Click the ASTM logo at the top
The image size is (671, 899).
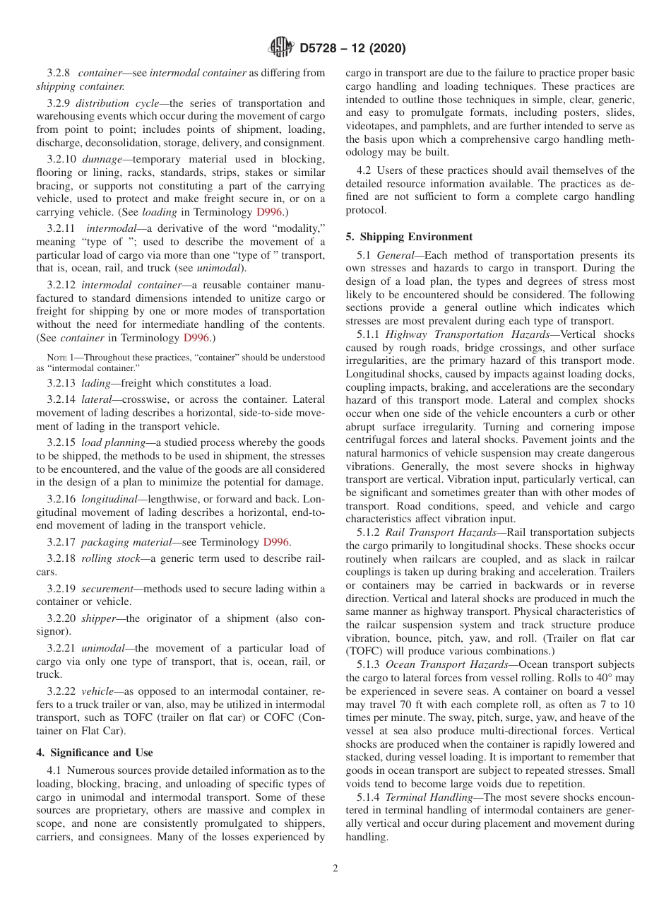[280, 49]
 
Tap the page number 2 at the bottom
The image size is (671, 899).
[335, 869]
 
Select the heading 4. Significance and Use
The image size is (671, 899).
[95, 752]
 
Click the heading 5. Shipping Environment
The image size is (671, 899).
[409, 236]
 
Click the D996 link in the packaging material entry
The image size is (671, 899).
[275, 542]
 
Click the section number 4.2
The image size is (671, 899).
[365, 170]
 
